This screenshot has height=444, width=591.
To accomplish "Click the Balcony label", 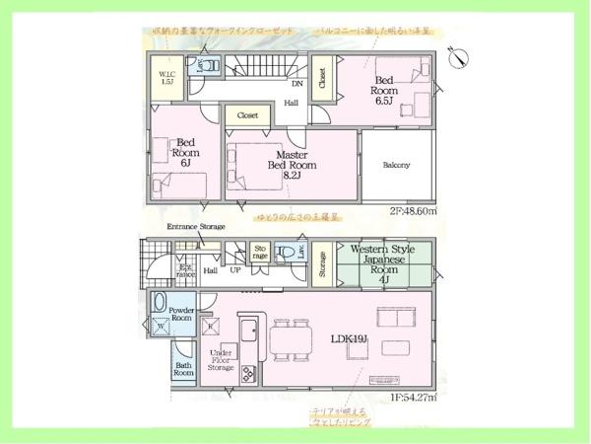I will click(396, 165).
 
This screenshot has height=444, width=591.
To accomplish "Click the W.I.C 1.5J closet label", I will click(167, 78).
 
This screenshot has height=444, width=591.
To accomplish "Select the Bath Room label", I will click(184, 370).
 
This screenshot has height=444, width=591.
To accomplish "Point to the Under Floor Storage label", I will click(221, 360).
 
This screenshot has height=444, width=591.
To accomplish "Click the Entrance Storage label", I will click(196, 227).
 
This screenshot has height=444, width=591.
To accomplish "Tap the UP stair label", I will click(235, 269).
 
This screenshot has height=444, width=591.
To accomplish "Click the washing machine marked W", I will click(161, 325).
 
